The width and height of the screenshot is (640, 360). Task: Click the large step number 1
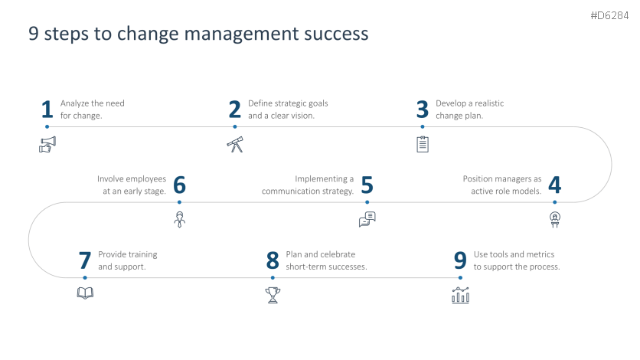[47, 110]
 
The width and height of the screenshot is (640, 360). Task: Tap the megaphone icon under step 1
[47, 145]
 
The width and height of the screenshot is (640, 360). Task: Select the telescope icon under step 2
[235, 145]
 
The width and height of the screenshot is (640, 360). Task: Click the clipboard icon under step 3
[423, 144]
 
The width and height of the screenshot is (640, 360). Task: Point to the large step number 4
[555, 185]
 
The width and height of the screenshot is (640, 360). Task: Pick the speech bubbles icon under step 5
[367, 219]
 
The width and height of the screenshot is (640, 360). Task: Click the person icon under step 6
[180, 220]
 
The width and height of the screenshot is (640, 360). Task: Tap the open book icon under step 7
[85, 293]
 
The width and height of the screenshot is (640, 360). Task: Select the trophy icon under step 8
[273, 295]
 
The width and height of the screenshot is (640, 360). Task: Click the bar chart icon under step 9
[460, 295]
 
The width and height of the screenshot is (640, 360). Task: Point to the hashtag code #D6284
[609, 15]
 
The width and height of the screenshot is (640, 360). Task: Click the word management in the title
[242, 34]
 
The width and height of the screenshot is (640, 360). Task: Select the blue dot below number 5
[367, 202]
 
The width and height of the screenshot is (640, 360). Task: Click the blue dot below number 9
[460, 277]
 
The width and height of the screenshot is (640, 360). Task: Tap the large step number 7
[85, 260]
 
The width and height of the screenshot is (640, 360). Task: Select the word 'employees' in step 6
[146, 179]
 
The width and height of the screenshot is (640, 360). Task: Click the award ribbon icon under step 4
[555, 220]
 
